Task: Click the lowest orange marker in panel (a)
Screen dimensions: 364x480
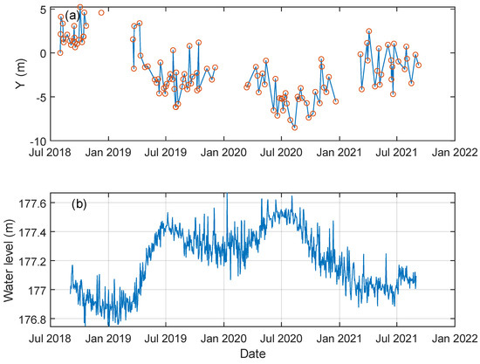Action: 295,127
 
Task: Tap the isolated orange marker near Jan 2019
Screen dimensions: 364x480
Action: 101,13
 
